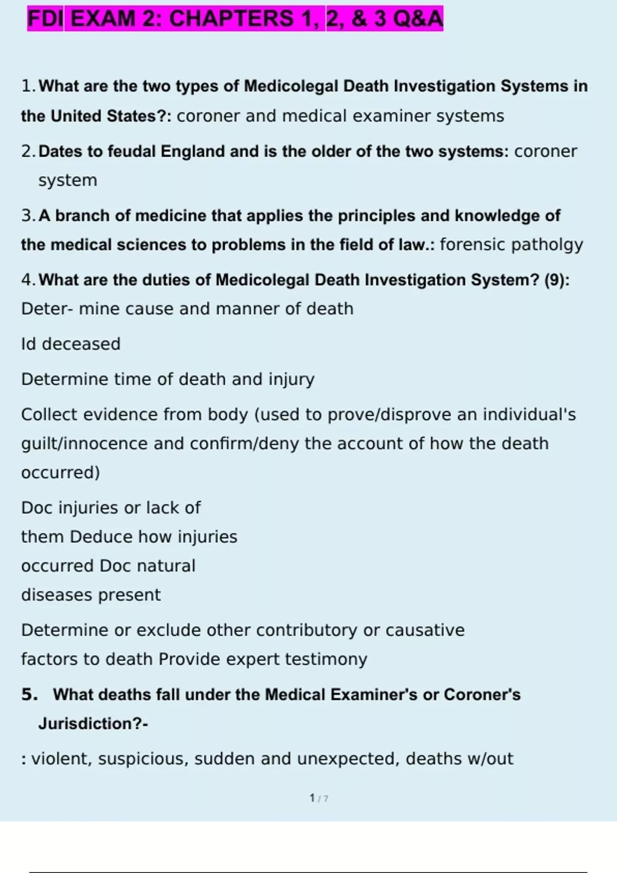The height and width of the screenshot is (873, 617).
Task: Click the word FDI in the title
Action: point(45,19)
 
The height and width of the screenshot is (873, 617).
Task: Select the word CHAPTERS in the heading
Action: point(231,19)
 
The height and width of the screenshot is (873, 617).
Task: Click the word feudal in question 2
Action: point(132,151)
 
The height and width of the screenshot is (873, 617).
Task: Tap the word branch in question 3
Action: point(83,216)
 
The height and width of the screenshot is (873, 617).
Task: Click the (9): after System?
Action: point(557,280)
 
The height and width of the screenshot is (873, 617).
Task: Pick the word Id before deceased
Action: point(29,344)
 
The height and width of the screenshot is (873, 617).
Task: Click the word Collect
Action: point(49,414)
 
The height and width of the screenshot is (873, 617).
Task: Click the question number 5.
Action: point(29,694)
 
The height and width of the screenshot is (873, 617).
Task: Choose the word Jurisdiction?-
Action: point(93,724)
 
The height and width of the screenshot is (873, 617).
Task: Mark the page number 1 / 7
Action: point(319,798)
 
